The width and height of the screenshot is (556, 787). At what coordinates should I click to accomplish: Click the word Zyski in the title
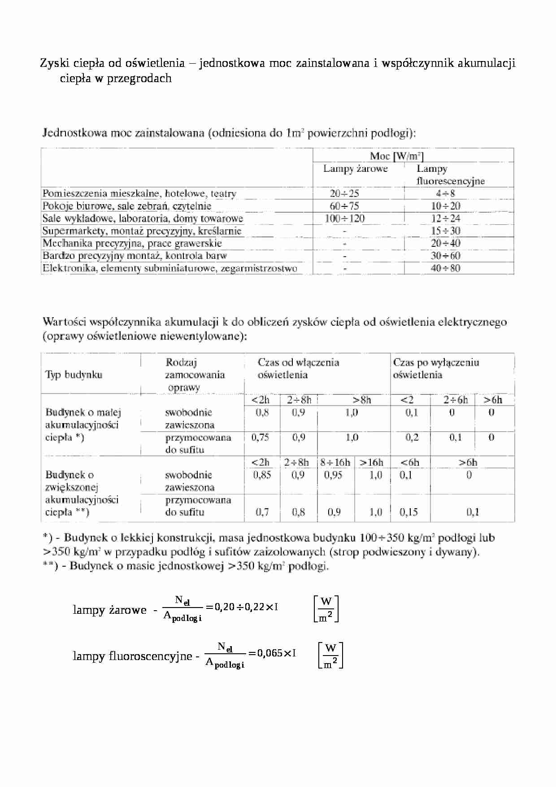[x=52, y=63]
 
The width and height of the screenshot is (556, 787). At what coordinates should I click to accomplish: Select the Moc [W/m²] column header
[x=396, y=156]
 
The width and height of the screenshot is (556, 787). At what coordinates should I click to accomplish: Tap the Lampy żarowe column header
[x=356, y=169]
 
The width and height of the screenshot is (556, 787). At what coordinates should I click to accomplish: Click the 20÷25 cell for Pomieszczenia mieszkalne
[x=344, y=193]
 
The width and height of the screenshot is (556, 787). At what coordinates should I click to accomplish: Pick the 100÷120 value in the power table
[x=344, y=219]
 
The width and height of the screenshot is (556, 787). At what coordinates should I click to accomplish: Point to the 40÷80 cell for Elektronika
[x=446, y=268]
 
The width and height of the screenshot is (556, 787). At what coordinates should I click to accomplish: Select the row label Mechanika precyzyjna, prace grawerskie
[x=132, y=243]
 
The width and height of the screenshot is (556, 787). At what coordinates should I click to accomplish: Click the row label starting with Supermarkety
[x=142, y=231]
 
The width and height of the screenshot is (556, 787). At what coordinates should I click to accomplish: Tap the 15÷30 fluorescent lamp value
[x=446, y=231]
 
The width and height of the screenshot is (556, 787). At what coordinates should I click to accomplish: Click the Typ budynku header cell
[x=74, y=375]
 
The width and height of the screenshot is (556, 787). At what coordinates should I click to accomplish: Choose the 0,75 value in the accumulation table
[x=260, y=437]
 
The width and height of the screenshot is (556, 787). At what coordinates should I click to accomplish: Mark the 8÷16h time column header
[x=335, y=462]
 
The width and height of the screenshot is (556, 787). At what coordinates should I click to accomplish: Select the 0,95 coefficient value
[x=333, y=475]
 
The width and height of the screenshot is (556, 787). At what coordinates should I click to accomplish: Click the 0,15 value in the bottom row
[x=408, y=512]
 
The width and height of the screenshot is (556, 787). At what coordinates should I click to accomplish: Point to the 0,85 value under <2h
[x=262, y=475]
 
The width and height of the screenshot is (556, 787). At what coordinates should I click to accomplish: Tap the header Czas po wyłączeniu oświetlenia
[x=436, y=368]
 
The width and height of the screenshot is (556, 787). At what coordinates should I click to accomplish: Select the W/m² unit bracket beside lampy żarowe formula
[x=326, y=609]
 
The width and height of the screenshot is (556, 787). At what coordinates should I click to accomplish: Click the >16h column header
[x=371, y=462]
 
